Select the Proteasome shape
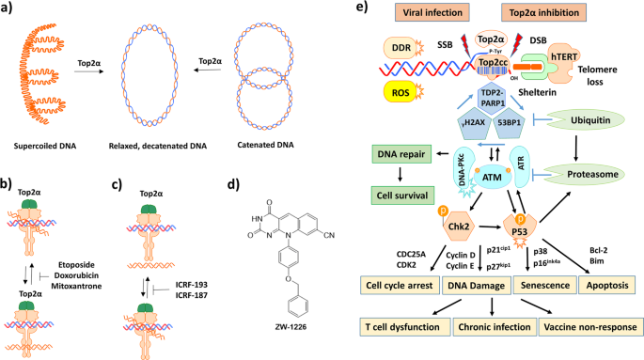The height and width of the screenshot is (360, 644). (x=593, y=174)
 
